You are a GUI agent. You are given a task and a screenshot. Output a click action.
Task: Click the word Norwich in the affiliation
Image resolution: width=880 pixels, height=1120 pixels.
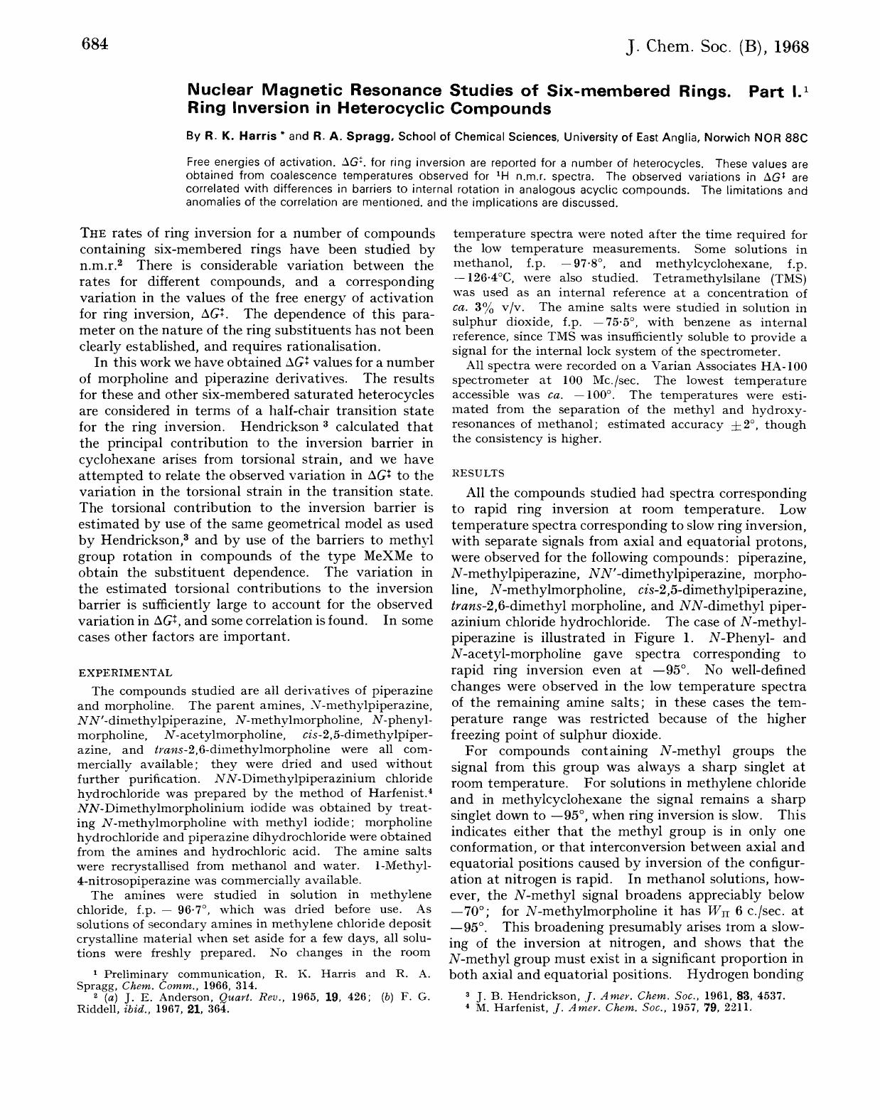pos(731,136)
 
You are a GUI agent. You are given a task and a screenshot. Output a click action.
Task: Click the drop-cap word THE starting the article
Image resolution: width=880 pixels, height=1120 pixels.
pos(94,233)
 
